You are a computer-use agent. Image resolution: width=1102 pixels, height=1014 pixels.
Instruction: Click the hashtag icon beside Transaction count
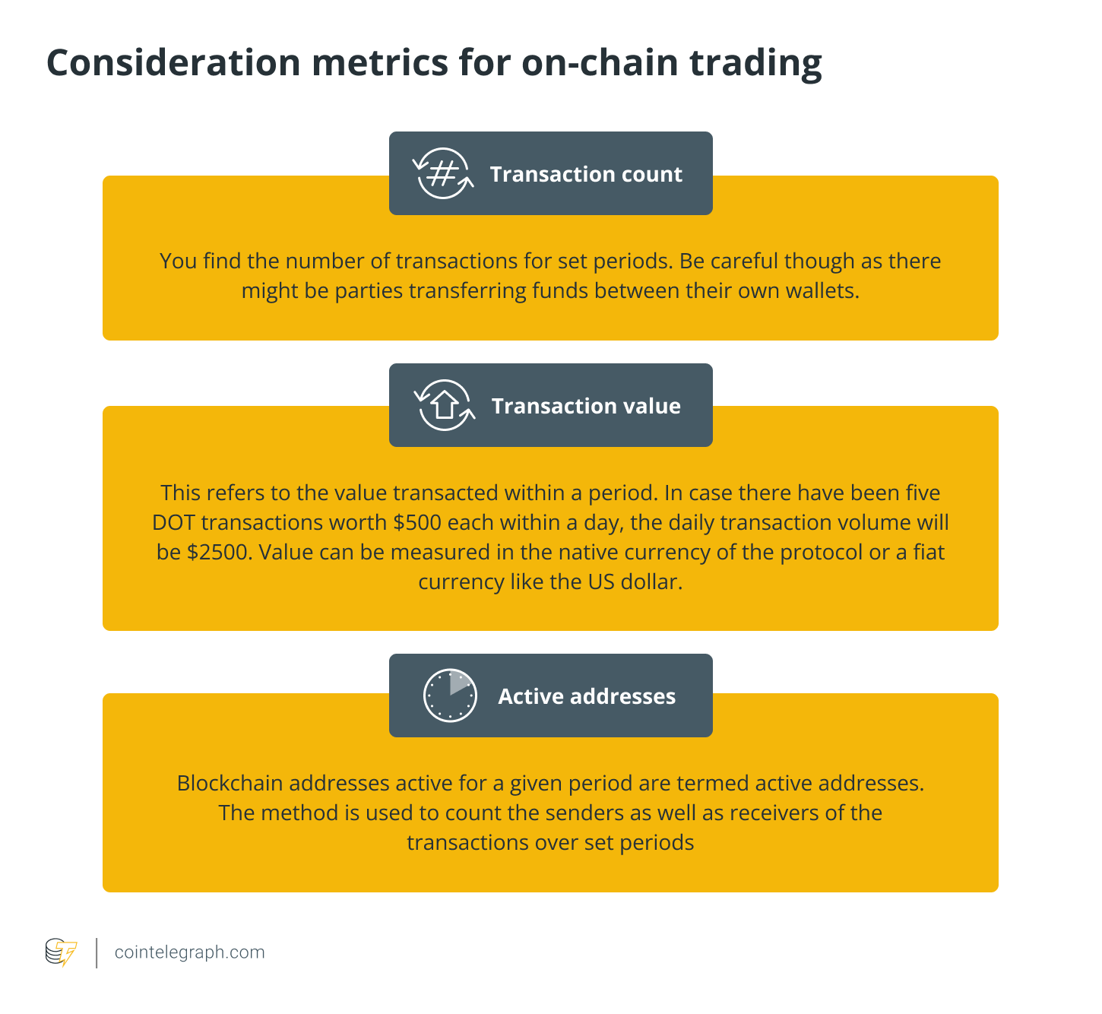click(443, 174)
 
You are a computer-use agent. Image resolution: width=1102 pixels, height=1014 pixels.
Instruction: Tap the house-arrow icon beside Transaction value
click(445, 405)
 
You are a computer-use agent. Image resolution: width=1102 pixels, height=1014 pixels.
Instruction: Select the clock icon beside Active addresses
click(450, 696)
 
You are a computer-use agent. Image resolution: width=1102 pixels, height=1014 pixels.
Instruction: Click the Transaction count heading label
click(586, 174)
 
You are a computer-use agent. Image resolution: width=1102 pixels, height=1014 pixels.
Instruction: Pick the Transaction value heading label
click(586, 406)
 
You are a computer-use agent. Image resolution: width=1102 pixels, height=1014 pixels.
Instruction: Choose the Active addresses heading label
click(587, 696)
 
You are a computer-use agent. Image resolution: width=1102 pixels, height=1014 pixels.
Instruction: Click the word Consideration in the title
click(173, 62)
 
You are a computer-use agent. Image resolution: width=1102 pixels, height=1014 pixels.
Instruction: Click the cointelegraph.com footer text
click(189, 952)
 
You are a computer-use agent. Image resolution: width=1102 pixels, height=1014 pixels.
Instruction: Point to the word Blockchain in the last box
click(230, 784)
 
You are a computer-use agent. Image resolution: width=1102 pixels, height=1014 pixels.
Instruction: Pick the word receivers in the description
click(774, 813)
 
